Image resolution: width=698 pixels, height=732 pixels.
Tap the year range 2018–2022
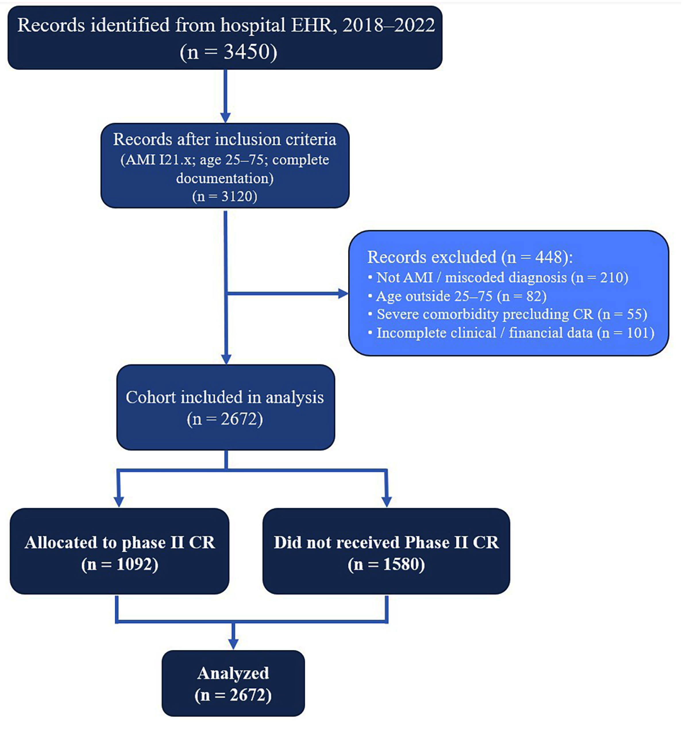(388, 25)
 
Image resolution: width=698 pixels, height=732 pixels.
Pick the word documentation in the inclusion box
(225, 178)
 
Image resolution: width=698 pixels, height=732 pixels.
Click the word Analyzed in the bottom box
(233, 673)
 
